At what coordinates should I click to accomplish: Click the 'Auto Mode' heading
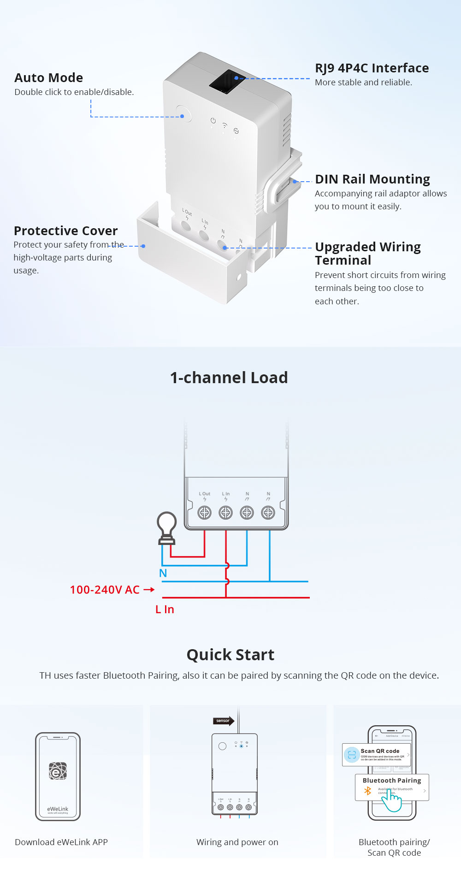(x=49, y=77)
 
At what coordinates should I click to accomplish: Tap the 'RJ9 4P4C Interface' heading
(x=372, y=68)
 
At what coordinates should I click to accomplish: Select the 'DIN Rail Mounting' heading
(x=372, y=179)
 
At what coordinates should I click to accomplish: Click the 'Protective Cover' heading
(x=65, y=231)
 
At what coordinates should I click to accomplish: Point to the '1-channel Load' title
(x=229, y=378)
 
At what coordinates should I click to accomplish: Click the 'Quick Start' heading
(x=230, y=655)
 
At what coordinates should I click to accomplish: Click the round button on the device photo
(x=183, y=114)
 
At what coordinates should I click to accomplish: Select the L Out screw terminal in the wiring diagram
(x=204, y=512)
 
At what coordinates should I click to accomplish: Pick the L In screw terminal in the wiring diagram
(x=225, y=512)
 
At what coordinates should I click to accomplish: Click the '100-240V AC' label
(x=105, y=590)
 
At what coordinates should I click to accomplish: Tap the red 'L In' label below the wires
(x=165, y=610)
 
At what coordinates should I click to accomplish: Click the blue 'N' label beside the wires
(x=163, y=573)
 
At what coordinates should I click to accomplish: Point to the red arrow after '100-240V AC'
(x=149, y=590)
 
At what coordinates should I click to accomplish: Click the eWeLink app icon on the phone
(x=58, y=771)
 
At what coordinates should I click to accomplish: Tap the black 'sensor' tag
(x=223, y=721)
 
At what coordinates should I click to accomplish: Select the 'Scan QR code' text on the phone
(x=380, y=751)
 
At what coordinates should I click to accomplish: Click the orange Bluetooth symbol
(x=367, y=791)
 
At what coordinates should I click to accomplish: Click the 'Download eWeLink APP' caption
(x=61, y=842)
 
